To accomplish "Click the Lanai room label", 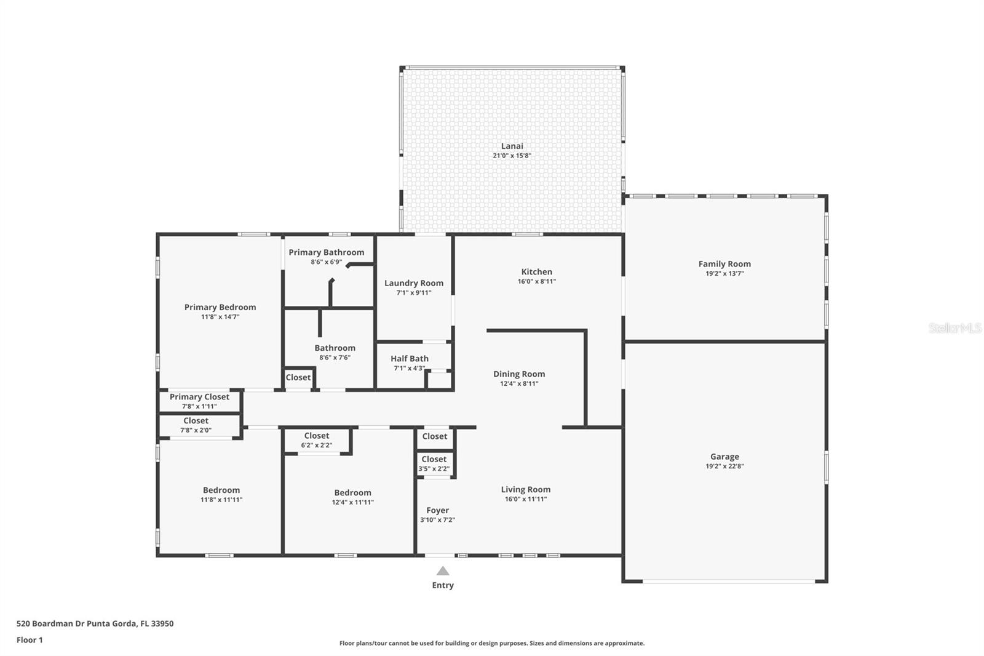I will point(512,146).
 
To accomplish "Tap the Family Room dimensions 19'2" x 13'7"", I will point(724,274).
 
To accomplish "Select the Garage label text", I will point(724,457).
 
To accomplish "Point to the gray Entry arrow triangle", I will point(443,571).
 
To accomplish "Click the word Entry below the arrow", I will point(443,585).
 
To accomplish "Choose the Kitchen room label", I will point(536,272).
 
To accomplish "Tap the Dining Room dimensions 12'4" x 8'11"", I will point(519,383).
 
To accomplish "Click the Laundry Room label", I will point(414,283).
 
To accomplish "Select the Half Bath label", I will point(410,359).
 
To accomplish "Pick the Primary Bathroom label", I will point(327,252).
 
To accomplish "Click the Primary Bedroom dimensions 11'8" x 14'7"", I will point(220,317).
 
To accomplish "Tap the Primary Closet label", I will point(199,397).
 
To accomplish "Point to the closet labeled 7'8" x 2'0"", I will point(196,425).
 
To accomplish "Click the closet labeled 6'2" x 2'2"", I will point(317,440).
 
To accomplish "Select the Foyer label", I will point(437,510).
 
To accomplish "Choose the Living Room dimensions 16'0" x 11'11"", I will point(526,499).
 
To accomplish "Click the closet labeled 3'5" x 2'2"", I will point(434,463).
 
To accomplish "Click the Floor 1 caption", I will point(30,640).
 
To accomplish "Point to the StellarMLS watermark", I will point(954,328).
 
